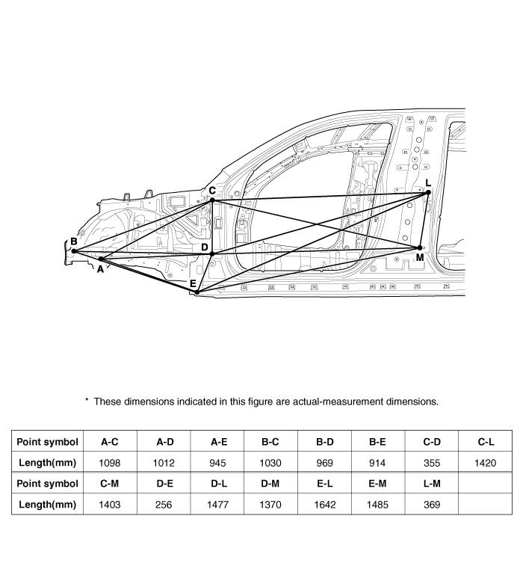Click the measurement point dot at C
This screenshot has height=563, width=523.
[x=212, y=200]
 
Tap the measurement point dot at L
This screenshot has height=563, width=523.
[x=429, y=193]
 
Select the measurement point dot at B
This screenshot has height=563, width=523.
[x=73, y=251]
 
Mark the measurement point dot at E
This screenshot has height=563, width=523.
[x=196, y=292]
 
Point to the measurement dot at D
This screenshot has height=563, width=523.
[x=212, y=254]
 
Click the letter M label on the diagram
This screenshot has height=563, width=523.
[x=420, y=257]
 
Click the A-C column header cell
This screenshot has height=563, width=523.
[x=110, y=442]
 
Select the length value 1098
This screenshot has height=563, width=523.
[x=110, y=463]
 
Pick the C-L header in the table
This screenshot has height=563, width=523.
[x=485, y=442]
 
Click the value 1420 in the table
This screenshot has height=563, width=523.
[x=485, y=463]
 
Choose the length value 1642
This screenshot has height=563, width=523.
[x=325, y=505]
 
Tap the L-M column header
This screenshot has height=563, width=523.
[x=432, y=484]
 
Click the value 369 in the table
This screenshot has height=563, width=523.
[x=432, y=505]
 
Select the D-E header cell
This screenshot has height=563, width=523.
[x=165, y=484]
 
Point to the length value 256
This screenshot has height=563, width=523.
[x=165, y=505]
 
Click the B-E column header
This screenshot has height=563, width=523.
[x=378, y=442]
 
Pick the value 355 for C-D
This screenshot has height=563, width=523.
[x=432, y=463]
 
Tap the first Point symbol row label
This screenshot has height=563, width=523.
[x=47, y=442]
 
